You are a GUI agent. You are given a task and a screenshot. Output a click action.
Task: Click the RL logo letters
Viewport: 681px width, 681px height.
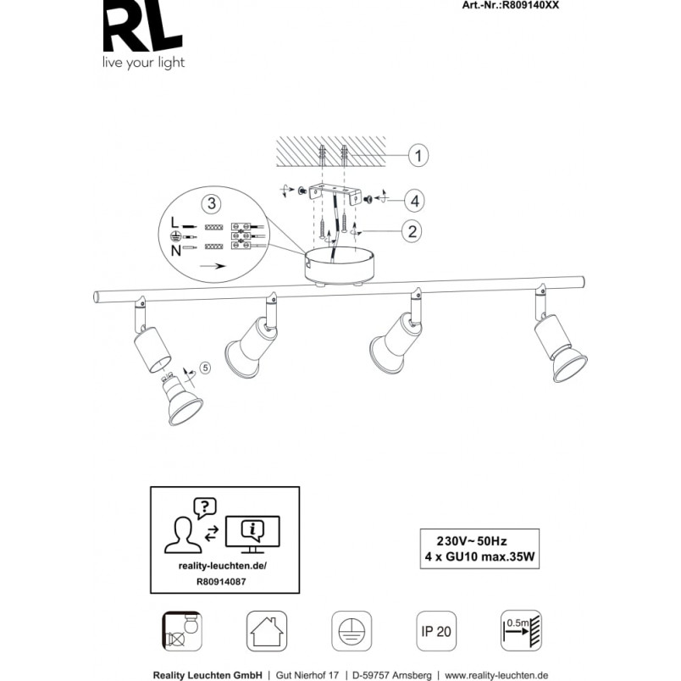tap(142, 26)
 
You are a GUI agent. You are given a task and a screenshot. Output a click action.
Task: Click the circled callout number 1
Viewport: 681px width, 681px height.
tap(418, 156)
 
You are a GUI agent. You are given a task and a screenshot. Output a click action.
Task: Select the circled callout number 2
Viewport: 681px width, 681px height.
tap(412, 231)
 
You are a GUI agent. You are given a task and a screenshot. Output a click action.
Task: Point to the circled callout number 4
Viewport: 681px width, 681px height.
tap(415, 201)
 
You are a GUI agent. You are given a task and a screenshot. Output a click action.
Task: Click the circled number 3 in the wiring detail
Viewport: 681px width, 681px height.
tap(212, 203)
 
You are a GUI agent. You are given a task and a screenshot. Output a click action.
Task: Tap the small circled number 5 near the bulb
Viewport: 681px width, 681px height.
tap(205, 368)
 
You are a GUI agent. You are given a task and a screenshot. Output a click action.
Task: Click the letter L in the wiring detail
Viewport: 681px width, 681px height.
tap(174, 223)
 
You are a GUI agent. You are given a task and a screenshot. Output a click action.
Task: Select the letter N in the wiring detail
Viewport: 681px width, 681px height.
tap(176, 251)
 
